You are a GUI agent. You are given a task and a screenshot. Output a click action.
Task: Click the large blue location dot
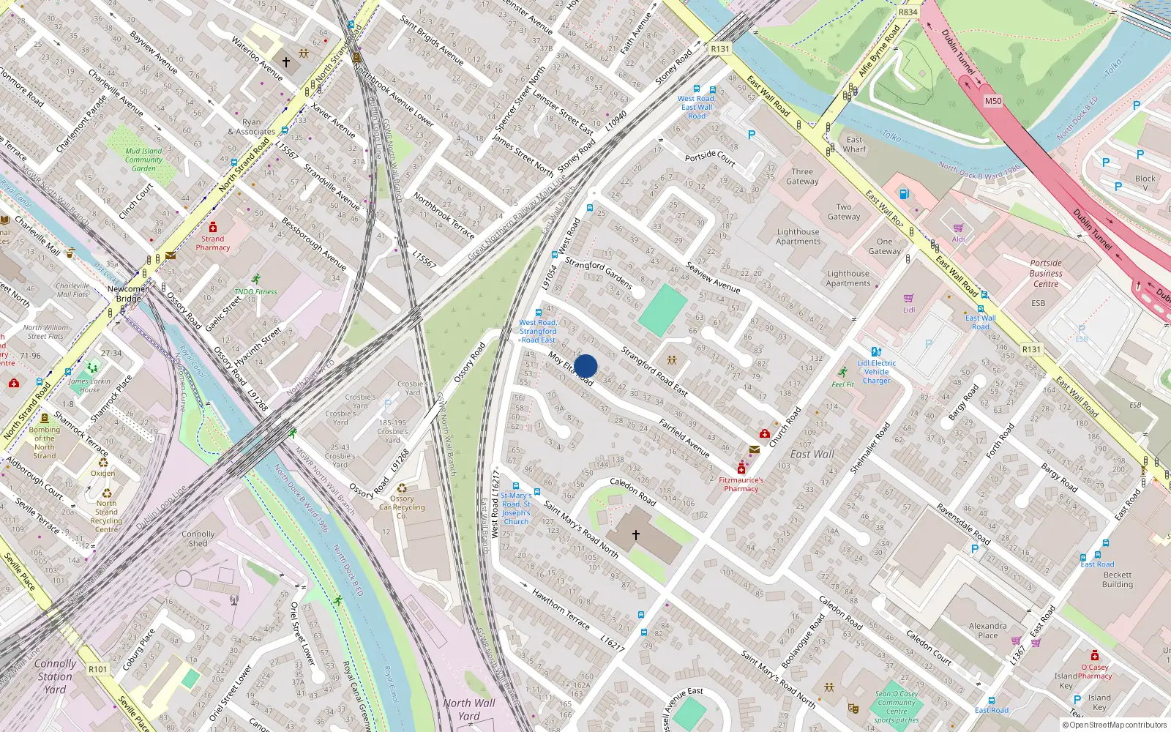tap(585, 366)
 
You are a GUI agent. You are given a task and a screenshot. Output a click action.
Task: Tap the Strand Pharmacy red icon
tap(213, 228)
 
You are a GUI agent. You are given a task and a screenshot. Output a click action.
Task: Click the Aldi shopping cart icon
tap(958, 228)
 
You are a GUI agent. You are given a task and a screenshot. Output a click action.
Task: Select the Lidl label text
tap(908, 310)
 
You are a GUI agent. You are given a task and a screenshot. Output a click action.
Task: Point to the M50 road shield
tap(992, 101)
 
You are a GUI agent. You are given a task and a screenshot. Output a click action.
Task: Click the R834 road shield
tap(908, 12)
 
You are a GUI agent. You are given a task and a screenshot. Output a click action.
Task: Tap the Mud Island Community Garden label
tap(143, 160)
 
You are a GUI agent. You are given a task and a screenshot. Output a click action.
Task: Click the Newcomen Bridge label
tap(128, 294)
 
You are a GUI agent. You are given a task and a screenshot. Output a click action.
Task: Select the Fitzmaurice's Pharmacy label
tap(741, 485)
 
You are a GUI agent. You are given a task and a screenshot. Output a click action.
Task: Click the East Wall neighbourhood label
tap(812, 454)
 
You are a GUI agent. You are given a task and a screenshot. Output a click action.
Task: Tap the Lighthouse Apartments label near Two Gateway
tap(798, 236)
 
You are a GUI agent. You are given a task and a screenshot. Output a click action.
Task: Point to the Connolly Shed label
tap(198, 539)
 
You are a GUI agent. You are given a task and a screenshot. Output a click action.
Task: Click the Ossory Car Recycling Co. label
tap(401, 507)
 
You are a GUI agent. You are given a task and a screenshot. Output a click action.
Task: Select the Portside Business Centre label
tap(1046, 273)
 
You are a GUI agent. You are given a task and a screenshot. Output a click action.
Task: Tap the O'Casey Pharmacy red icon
tap(1094, 655)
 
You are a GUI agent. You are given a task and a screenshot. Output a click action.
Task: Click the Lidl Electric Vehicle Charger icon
tap(876, 352)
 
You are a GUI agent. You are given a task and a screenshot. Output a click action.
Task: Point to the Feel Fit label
tap(842, 384)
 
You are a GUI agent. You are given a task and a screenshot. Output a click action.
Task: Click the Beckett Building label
tap(1118, 580)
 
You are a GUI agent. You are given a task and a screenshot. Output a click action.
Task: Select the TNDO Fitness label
tap(255, 291)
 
